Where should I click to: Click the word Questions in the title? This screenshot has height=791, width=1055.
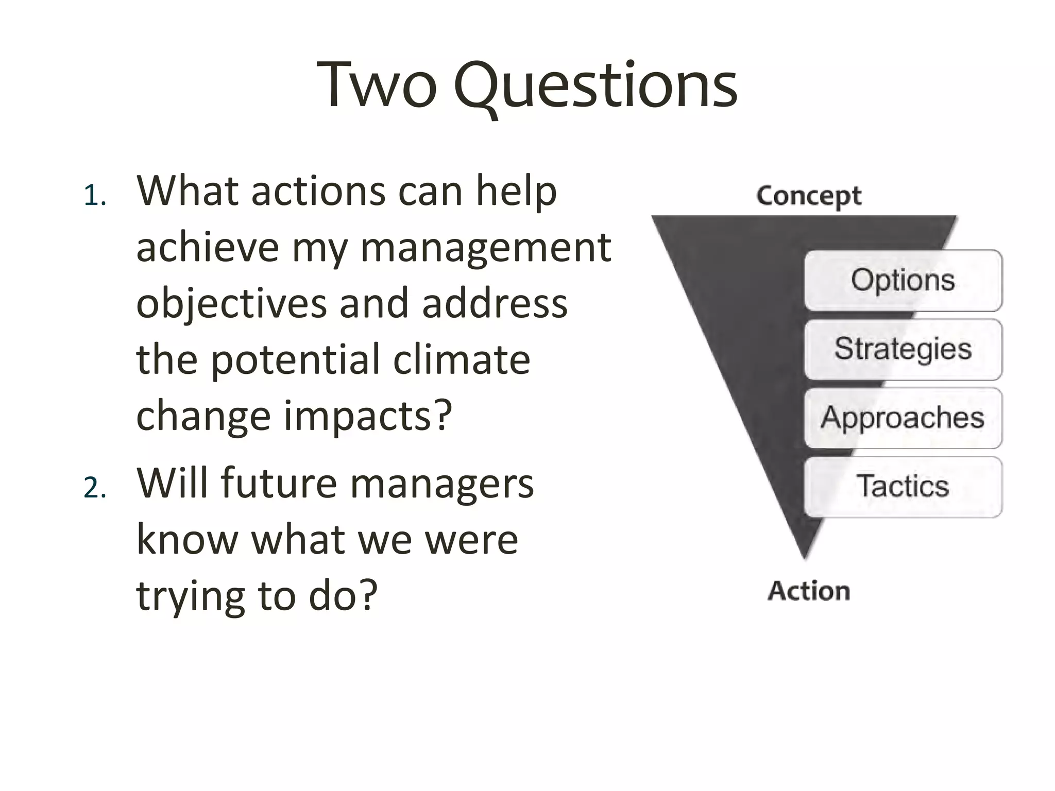pyautogui.click(x=595, y=85)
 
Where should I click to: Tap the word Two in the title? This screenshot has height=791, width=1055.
pyautogui.click(x=377, y=85)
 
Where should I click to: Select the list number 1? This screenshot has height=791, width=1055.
pyautogui.click(x=94, y=197)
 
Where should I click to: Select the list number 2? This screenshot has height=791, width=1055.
pyautogui.click(x=94, y=488)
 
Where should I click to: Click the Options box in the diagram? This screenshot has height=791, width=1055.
pyautogui.click(x=903, y=281)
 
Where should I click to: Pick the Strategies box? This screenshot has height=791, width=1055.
pyautogui.click(x=903, y=350)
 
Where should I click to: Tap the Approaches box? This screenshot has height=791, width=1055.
pyautogui.click(x=903, y=418)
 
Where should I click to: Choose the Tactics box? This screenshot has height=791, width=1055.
pyautogui.click(x=903, y=487)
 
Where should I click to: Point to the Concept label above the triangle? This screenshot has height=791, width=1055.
pyautogui.click(x=808, y=196)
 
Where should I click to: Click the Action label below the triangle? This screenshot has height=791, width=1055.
pyautogui.click(x=809, y=591)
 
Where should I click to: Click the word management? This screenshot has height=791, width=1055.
pyautogui.click(x=486, y=247)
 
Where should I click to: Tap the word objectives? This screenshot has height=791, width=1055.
pyautogui.click(x=231, y=304)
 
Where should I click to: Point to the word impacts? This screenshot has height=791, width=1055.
pyautogui.click(x=368, y=416)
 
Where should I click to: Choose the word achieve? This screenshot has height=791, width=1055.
pyautogui.click(x=208, y=247)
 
